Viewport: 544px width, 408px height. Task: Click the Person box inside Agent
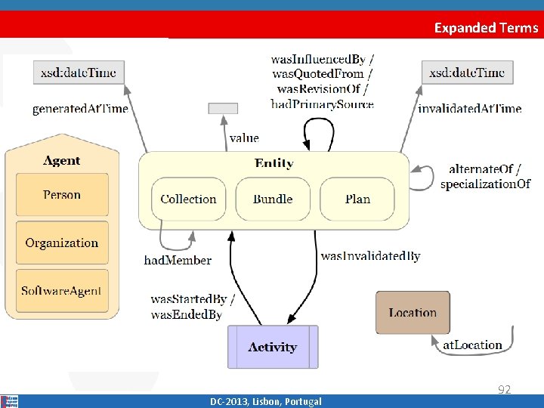click(62, 195)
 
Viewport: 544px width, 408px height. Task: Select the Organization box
click(62, 243)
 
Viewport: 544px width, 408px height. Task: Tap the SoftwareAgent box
click(62, 291)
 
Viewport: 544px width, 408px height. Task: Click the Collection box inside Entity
click(188, 199)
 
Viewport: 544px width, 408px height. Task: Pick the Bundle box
click(273, 199)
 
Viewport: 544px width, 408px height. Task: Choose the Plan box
click(357, 199)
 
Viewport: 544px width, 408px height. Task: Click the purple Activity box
click(273, 348)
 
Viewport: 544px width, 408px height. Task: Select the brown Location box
click(413, 313)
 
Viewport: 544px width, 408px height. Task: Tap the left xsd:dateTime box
click(79, 73)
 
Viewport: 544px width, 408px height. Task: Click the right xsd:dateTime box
click(467, 73)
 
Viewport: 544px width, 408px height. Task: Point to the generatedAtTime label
click(80, 109)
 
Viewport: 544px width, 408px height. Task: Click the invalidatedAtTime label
click(469, 109)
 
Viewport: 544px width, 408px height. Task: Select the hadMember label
click(178, 261)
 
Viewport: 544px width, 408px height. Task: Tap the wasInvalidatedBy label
click(370, 256)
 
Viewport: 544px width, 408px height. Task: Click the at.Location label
click(472, 345)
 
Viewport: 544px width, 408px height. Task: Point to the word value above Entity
click(244, 138)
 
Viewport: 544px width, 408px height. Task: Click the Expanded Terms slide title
click(486, 28)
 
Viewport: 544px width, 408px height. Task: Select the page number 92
click(504, 390)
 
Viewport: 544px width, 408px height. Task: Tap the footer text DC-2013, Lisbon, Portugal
click(266, 402)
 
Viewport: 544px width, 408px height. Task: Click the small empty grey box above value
click(223, 108)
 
